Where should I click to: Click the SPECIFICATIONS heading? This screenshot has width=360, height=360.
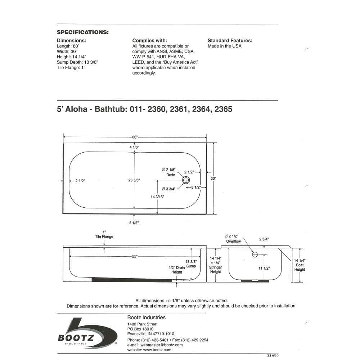click(83, 32)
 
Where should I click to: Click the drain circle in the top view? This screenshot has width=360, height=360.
click(186, 180)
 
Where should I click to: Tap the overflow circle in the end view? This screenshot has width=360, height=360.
click(255, 255)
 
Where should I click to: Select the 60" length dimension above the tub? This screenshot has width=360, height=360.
click(135, 137)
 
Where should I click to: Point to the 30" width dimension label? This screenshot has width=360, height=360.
click(213, 178)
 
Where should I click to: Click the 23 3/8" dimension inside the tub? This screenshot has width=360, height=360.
click(134, 180)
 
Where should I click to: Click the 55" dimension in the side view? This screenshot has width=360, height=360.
click(135, 256)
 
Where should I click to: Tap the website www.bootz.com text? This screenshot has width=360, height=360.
click(149, 350)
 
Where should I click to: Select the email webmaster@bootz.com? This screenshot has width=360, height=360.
click(155, 345)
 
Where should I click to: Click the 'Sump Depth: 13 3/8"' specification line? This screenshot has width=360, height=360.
click(77, 62)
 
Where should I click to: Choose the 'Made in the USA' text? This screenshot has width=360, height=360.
click(225, 46)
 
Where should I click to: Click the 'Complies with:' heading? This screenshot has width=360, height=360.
click(149, 41)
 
